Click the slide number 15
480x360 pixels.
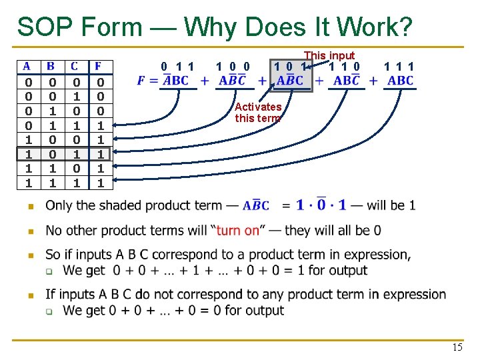point(457,347)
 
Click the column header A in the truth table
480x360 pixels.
point(27,67)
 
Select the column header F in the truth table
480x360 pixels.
point(98,67)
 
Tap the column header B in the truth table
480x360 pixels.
point(51,67)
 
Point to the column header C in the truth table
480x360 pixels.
point(74,67)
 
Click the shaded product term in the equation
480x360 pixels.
point(290,81)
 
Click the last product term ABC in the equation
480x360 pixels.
point(400,81)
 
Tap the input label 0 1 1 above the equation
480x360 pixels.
point(178,66)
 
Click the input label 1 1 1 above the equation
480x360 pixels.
point(399,66)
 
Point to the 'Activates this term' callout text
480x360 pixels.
point(258,112)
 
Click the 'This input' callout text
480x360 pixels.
point(329,55)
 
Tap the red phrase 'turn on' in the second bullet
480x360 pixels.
point(237,230)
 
